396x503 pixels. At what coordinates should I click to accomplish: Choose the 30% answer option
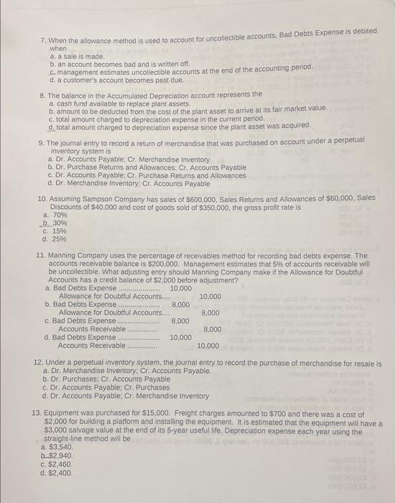pyautogui.click(x=54, y=223)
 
